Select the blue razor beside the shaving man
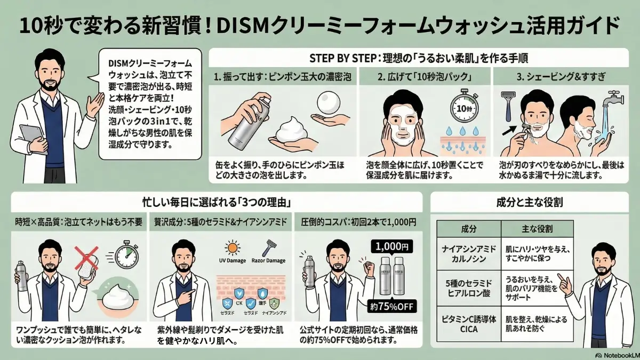tap(508, 109)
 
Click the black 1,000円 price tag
tap(392, 247)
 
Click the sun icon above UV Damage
tap(234, 249)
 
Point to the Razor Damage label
tap(267, 261)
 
